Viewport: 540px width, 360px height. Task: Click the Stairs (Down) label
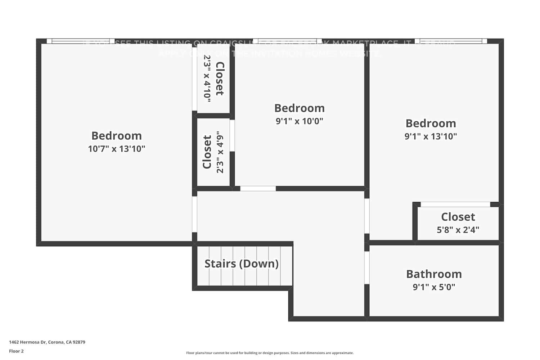pos(242,264)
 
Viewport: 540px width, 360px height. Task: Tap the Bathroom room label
pos(434,274)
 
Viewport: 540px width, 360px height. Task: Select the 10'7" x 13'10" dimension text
pos(117,149)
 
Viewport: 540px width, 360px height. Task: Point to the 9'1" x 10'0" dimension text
pos(300,121)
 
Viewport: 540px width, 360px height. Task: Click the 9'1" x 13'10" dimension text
pos(431,136)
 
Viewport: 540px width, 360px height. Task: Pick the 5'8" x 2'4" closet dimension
pos(458,230)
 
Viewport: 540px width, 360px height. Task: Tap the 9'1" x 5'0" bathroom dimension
pos(434,287)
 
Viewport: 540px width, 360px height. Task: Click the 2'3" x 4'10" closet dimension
pos(207,78)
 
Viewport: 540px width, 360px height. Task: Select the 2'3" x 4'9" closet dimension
pos(220,152)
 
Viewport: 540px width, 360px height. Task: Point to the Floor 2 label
pos(16,351)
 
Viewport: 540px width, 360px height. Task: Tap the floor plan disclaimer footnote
pos(270,353)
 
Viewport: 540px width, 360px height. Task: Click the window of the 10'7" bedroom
pos(81,41)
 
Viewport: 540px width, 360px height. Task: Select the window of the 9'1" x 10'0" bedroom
pos(287,41)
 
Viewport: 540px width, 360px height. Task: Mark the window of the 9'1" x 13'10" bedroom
pos(451,41)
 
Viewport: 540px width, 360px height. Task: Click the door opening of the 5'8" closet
pos(455,204)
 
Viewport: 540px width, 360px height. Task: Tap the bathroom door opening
pos(367,267)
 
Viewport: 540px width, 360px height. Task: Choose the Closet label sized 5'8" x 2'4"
pos(458,217)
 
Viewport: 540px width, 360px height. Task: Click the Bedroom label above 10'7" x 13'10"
pos(117,136)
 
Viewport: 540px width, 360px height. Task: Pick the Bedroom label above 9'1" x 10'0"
pos(300,108)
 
